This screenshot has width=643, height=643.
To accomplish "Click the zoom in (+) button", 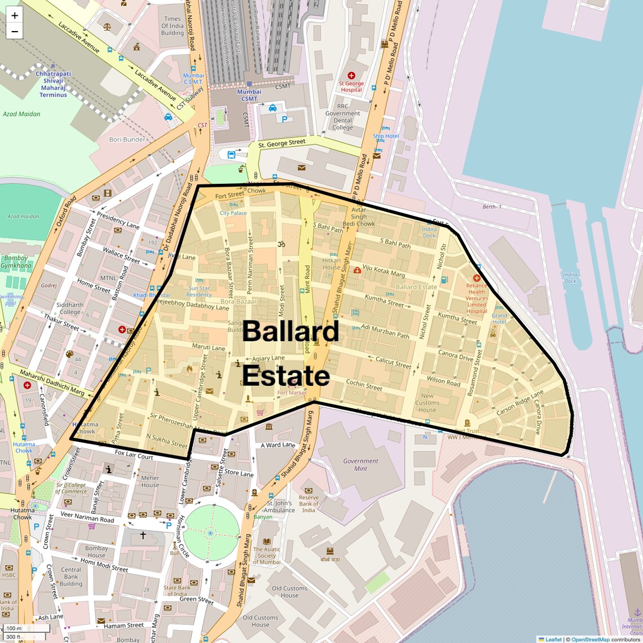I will click(15, 15).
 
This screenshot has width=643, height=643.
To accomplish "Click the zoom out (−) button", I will click(15, 32).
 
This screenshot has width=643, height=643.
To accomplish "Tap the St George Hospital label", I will click(351, 87).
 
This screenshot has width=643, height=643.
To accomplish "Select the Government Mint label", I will click(360, 465).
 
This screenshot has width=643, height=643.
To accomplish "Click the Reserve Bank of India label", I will click(309, 504).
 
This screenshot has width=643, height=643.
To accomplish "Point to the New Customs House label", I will click(427, 403).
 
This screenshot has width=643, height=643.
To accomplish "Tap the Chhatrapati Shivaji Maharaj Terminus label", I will click(54, 84).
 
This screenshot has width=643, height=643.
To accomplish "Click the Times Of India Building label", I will click(173, 26).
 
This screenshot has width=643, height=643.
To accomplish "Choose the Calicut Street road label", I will click(393, 363).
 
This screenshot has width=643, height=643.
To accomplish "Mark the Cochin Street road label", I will click(364, 385).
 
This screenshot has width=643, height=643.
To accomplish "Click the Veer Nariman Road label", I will click(87, 517).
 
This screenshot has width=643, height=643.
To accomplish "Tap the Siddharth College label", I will click(70, 309).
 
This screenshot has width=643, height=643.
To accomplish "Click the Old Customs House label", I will click(260, 621).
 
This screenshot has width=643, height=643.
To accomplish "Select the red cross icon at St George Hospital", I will click(351, 75).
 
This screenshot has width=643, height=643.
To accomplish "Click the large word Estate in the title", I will click(286, 376).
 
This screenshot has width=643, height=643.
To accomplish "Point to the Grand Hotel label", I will click(499, 319).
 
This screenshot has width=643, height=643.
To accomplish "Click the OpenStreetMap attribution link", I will click(591, 640).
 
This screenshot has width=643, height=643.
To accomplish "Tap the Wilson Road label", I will click(443, 381).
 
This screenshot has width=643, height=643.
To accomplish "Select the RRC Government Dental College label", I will click(342, 117).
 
